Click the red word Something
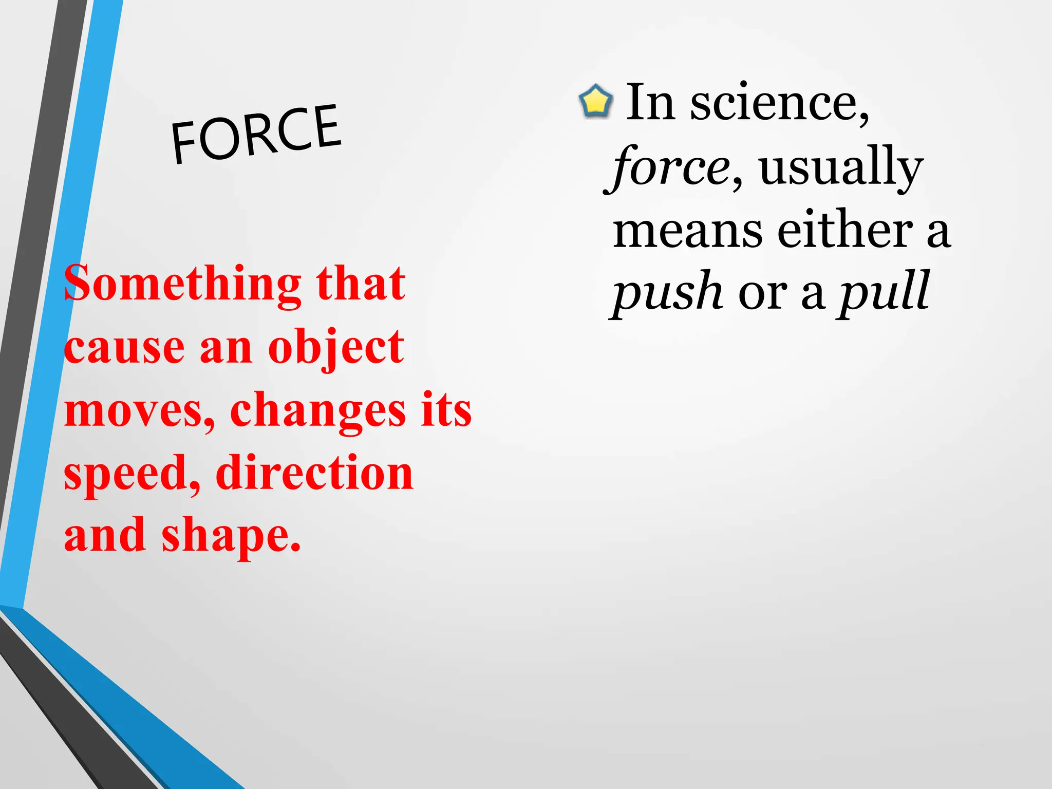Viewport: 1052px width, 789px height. point(182,284)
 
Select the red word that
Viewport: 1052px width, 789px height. point(361,283)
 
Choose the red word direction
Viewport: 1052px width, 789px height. point(314,473)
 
